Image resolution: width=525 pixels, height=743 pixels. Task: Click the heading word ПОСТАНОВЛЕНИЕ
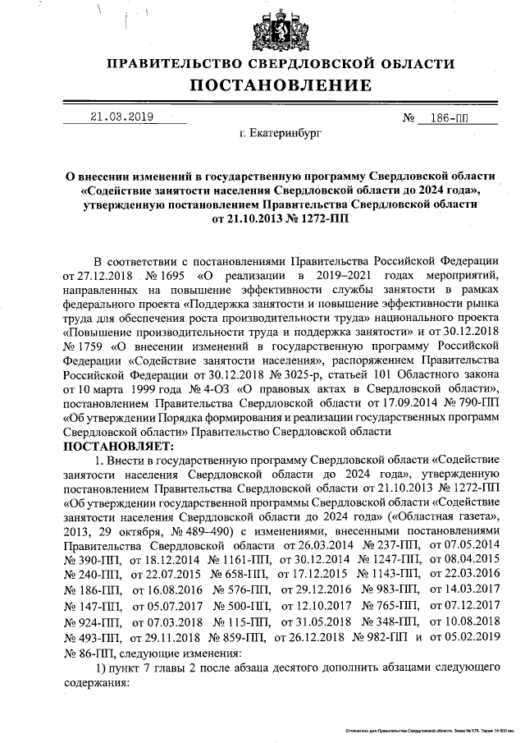coord(281,85)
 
